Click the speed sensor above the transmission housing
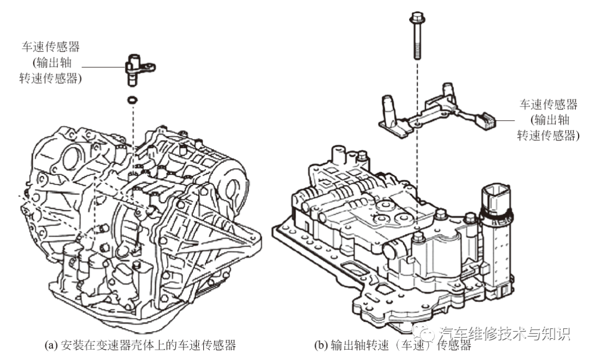(137, 68)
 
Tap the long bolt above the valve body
(416, 38)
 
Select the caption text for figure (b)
(392, 345)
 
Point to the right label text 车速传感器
(548, 104)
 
